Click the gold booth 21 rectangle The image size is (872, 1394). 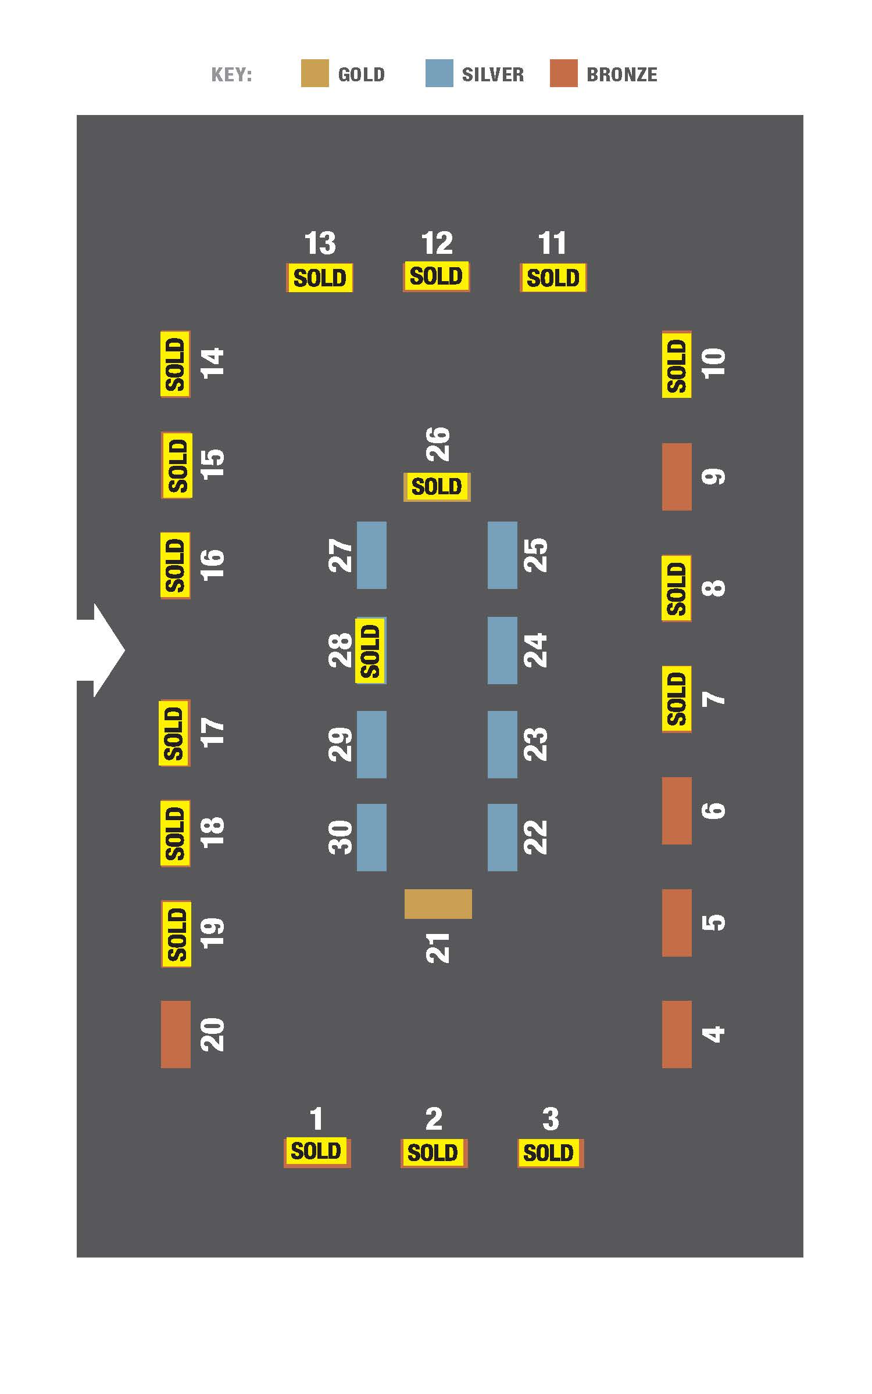438,904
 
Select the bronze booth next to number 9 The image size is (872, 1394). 677,477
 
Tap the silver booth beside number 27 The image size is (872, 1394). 371,555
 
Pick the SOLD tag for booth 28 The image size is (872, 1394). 371,651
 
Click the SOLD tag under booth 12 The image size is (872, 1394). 437,276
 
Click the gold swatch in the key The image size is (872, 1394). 315,73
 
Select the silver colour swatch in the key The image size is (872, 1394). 439,73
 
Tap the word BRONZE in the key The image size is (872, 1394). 622,74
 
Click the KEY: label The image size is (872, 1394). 231,75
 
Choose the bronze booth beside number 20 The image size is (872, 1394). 176,1034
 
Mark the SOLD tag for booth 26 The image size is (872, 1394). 437,487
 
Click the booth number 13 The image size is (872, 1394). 320,243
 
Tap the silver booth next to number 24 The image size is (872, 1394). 502,651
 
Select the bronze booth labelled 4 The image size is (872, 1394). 677,1034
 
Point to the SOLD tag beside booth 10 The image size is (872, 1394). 677,365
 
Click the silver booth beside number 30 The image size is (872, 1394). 371,838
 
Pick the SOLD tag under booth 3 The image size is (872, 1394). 551,1152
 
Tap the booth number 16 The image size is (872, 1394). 212,565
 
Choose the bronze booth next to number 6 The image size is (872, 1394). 677,811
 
